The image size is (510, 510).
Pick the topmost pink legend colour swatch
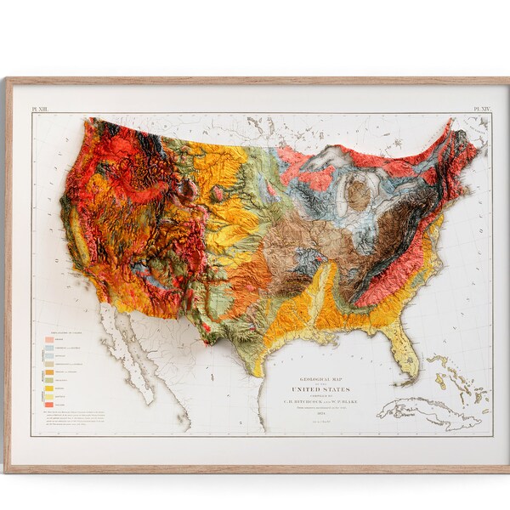[50, 339]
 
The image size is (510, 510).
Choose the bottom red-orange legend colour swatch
[50, 405]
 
